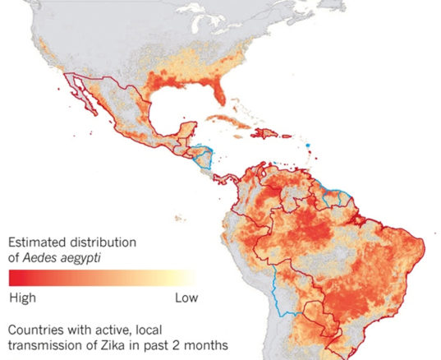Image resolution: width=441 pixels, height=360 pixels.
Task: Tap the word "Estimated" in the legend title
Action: [39, 243]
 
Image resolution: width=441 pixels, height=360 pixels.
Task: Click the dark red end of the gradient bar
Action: [16, 277]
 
